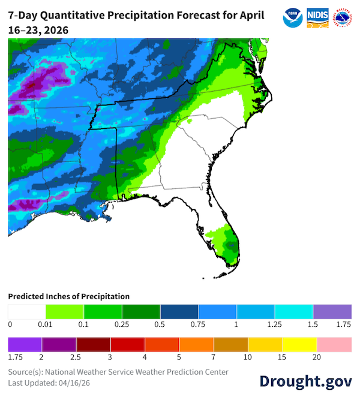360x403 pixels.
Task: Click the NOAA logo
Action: pos(293,17)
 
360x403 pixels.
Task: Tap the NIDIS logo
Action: pos(317,17)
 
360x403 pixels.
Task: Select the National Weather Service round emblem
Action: pos(341,17)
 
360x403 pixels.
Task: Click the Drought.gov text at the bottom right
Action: pos(305,381)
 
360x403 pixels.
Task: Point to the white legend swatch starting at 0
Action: pos(27,311)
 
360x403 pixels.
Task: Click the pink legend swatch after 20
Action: pos(334,344)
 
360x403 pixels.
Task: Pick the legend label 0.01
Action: pos(46,324)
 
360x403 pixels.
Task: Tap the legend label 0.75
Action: pos(199,324)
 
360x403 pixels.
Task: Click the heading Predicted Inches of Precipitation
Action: pos(68,296)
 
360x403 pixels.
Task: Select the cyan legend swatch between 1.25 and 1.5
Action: pos(294,311)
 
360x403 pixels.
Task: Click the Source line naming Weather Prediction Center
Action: pos(118,372)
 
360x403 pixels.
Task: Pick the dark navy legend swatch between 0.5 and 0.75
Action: pos(179,311)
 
